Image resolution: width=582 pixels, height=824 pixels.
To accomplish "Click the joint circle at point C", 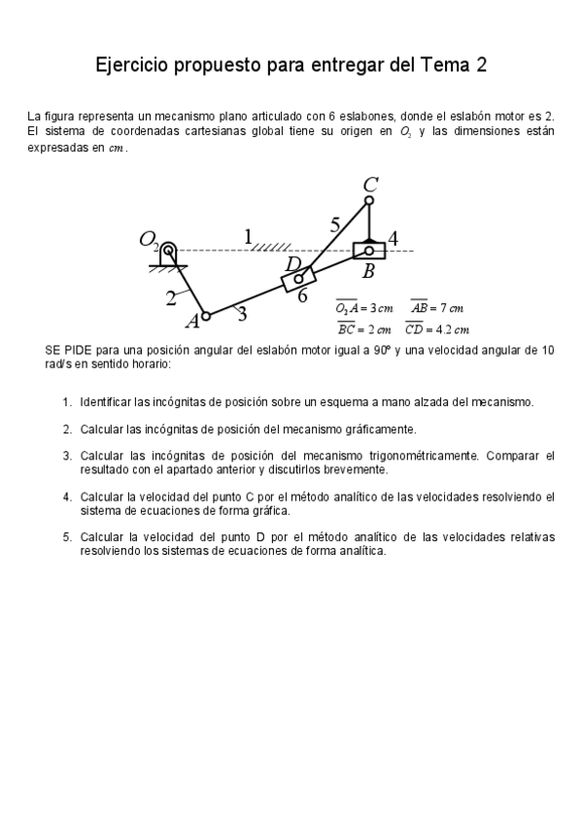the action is pos(369,201).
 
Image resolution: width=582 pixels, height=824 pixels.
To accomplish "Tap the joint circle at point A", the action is pos(206,316).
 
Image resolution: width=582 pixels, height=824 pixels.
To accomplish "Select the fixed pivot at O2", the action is pos(168,251).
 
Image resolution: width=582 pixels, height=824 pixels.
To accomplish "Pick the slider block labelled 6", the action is pos(298,279).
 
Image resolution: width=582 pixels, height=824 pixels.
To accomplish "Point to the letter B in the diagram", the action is pos(368,272).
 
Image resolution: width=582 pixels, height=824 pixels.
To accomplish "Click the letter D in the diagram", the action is pos(292,263).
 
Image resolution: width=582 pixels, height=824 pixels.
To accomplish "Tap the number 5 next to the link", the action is pos(334,224).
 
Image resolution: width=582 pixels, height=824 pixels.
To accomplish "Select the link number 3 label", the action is pos(241,313).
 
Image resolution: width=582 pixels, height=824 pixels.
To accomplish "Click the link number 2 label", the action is pos(171,297).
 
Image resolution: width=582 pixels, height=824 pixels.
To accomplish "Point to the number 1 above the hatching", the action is pos(248,235).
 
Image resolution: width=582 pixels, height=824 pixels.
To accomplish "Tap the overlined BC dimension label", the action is pos(347,328).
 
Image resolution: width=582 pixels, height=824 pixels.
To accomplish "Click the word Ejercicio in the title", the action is pos(132,66).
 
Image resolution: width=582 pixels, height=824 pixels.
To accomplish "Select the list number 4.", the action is pos(67,497).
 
